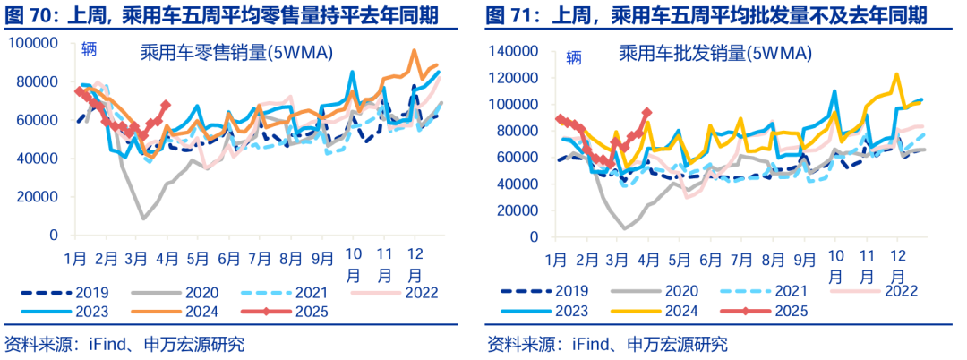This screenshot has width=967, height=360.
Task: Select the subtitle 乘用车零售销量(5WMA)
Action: [236, 53]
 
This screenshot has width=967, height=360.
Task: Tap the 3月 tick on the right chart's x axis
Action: [617, 260]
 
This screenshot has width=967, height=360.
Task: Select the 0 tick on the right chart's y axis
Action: [535, 235]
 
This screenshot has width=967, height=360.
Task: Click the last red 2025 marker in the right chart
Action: [646, 113]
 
